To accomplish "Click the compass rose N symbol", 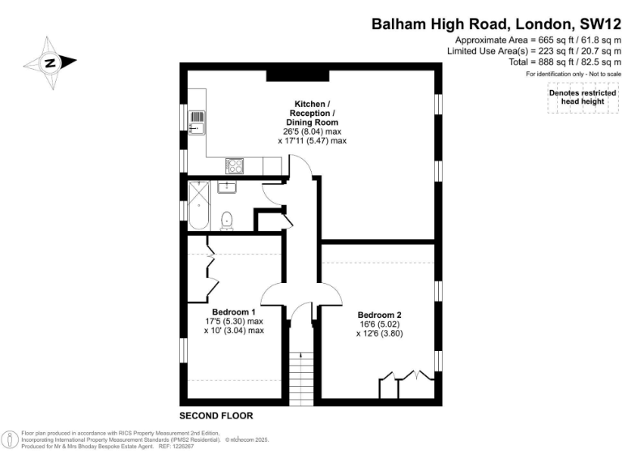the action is (50, 62).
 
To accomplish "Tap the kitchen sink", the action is (197, 122).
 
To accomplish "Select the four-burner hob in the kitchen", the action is (234, 166).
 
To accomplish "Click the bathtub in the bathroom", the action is (198, 205).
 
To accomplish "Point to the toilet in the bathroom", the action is (227, 221).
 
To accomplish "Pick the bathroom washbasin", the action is (227, 186).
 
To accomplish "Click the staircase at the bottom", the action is (301, 379).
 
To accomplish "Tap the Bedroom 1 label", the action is (233, 312).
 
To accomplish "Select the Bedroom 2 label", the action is (380, 315).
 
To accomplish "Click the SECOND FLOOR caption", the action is (216, 416).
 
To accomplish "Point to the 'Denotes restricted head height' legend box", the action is (583, 97).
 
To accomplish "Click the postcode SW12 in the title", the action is (600, 24).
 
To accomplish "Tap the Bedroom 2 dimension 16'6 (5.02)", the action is (380, 324).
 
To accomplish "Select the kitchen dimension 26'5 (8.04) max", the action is (312, 131).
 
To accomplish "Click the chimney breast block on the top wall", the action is (297, 75).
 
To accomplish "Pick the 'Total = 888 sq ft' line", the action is (564, 62).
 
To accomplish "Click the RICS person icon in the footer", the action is (10, 439).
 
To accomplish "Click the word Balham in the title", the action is (398, 24).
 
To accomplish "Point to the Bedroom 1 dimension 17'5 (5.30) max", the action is (234, 321).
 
